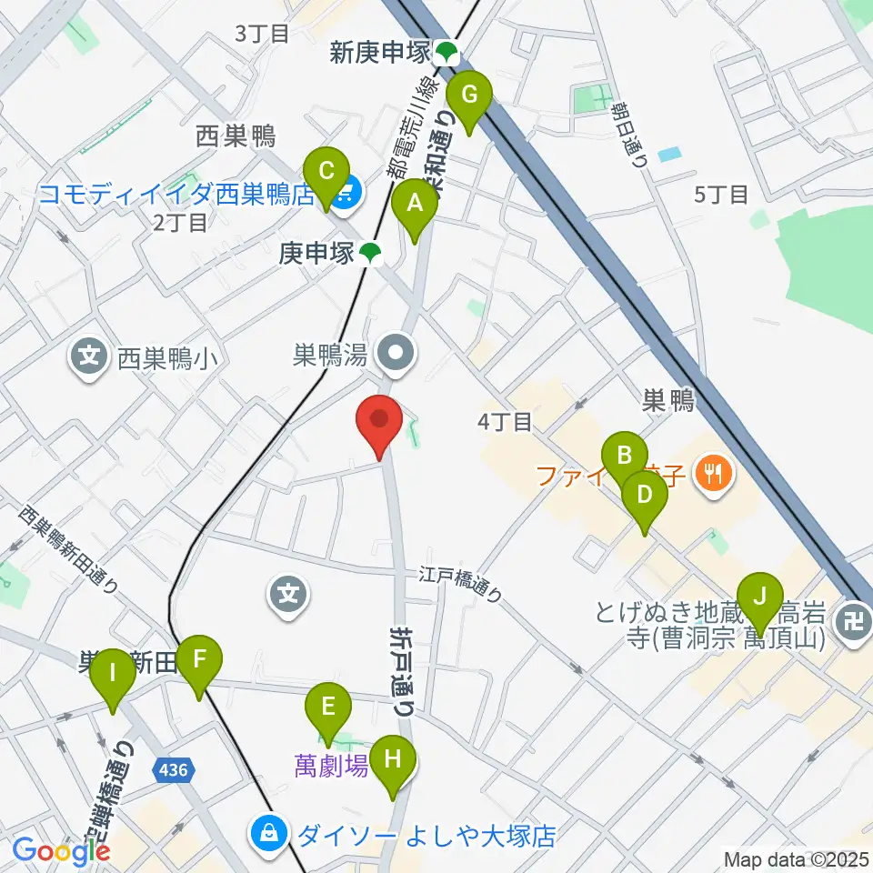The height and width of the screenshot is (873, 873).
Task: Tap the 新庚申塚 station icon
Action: tap(447, 54)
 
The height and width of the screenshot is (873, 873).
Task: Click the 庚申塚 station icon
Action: tap(369, 254)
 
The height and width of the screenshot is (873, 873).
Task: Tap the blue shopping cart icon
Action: tap(346, 194)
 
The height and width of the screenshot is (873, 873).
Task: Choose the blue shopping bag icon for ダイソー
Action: tap(269, 835)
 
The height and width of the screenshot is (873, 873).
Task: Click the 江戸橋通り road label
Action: tap(461, 585)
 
